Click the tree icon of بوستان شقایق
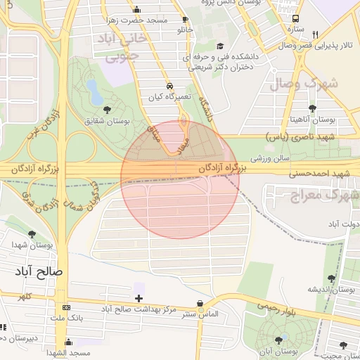coord(107,110)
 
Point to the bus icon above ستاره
coord(297,18)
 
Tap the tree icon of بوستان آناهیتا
coord(312,108)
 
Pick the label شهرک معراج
coord(316,193)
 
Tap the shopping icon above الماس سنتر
coord(201,303)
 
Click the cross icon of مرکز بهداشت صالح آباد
coord(139,299)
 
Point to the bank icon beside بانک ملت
coord(67,307)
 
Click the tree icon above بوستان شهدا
coord(31,234)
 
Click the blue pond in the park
coord(92,89)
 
